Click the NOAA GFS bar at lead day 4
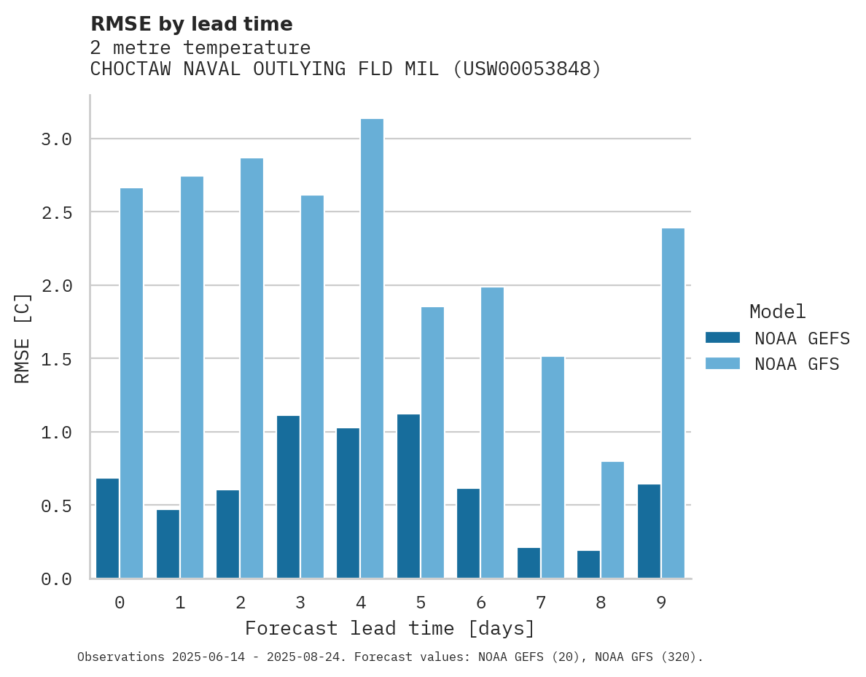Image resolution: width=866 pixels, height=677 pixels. pyautogui.click(x=372, y=349)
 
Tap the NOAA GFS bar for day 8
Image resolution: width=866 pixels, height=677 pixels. pyautogui.click(x=612, y=520)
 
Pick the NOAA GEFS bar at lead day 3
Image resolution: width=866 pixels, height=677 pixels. pyautogui.click(x=288, y=497)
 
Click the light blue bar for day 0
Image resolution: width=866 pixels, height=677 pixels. pyautogui.click(x=131, y=383)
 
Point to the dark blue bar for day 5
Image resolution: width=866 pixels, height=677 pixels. pyautogui.click(x=408, y=496)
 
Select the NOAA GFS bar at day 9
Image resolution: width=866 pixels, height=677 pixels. pyautogui.click(x=673, y=403)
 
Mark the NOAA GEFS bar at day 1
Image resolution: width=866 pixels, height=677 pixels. pyautogui.click(x=168, y=543)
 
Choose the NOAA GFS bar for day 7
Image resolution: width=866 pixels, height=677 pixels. pyautogui.click(x=553, y=468)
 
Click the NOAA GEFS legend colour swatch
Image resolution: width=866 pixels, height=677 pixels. pyautogui.click(x=722, y=338)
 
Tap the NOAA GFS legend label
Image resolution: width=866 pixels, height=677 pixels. pyautogui.click(x=797, y=363)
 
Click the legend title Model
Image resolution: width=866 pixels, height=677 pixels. pyautogui.click(x=777, y=312)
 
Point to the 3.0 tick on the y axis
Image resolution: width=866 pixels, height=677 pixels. pyautogui.click(x=56, y=139)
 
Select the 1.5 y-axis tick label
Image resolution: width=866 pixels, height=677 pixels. pyautogui.click(x=56, y=359)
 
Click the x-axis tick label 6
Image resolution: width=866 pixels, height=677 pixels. pyautogui.click(x=480, y=603)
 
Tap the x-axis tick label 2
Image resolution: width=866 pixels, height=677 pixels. pyautogui.click(x=240, y=603)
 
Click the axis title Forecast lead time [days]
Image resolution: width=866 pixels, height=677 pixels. pyautogui.click(x=390, y=628)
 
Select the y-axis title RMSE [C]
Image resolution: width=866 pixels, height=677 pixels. pyautogui.click(x=23, y=338)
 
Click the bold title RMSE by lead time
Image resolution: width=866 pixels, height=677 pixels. pyautogui.click(x=192, y=24)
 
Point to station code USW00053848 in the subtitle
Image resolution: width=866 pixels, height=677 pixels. pyautogui.click(x=527, y=69)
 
